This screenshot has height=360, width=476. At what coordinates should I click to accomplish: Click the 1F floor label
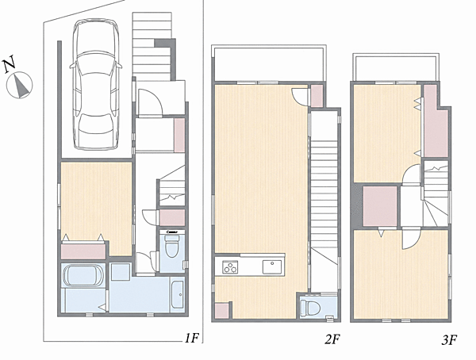[x=191, y=338]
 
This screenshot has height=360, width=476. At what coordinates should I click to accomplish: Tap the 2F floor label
[x=332, y=339]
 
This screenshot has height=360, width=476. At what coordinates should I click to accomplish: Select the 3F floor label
[x=449, y=339]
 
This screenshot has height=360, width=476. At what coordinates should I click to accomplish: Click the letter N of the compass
[x=10, y=64]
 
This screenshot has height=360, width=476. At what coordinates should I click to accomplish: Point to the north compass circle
[x=19, y=86]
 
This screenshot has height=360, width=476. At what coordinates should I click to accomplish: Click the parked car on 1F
[x=95, y=84]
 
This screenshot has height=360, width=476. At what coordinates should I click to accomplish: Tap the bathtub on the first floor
[x=83, y=276]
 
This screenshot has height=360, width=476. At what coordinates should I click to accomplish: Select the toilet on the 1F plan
[x=172, y=245]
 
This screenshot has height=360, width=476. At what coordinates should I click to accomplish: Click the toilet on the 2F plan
[x=311, y=308]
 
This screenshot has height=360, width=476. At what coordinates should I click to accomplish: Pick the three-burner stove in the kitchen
[x=230, y=267]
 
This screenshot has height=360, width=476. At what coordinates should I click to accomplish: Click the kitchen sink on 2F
[x=272, y=266]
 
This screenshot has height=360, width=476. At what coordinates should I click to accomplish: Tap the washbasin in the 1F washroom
[x=177, y=294]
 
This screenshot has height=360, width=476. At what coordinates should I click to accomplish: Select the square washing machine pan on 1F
[x=121, y=272]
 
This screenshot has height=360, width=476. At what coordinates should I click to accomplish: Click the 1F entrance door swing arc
[x=151, y=101]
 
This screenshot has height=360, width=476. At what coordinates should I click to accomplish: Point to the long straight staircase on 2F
[x=324, y=201]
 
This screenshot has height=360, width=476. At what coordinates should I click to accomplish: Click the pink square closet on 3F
[x=380, y=206]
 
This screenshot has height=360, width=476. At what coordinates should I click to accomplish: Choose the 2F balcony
[x=269, y=63]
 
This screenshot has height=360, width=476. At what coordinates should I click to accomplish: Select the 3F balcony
[x=396, y=67]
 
